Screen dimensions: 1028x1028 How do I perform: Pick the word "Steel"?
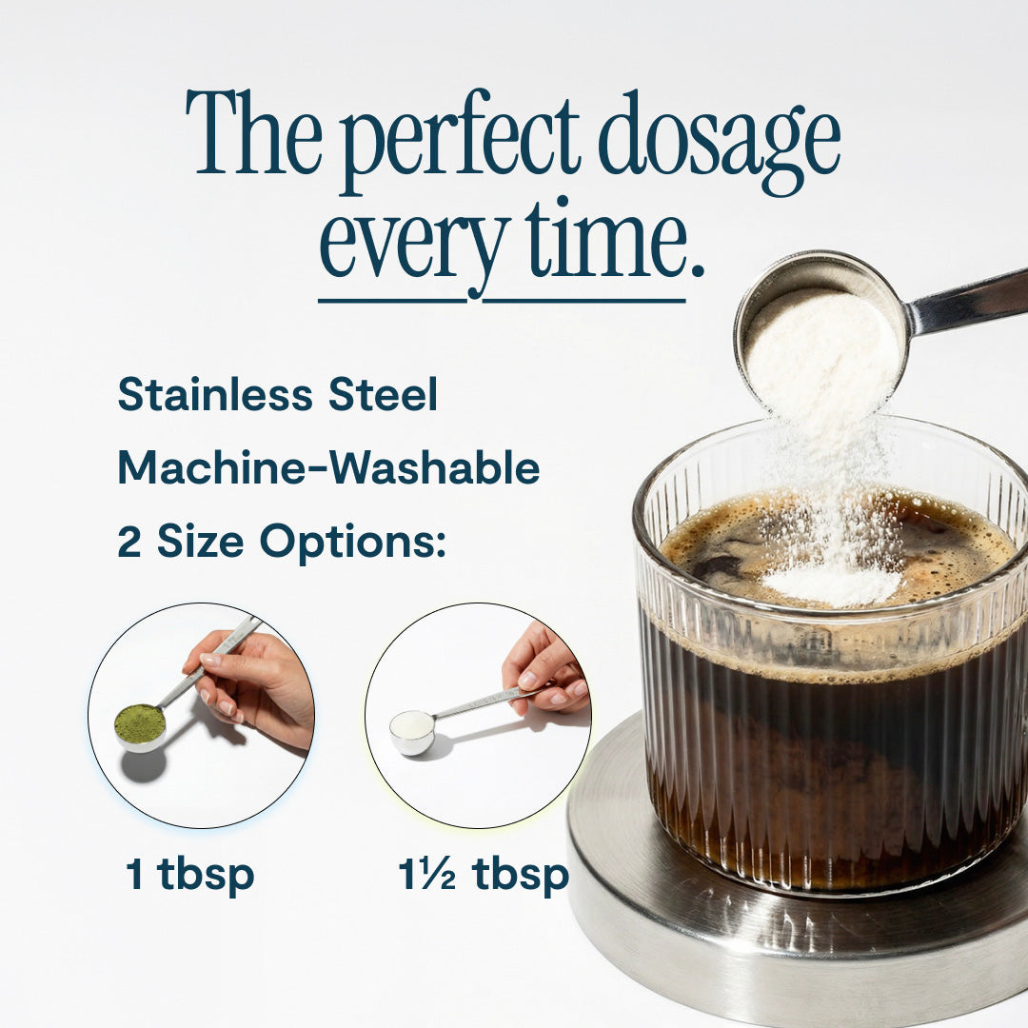coord(383,395)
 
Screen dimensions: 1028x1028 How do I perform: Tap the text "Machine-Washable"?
coord(328,468)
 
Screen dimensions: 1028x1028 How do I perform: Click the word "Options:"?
coord(353,543)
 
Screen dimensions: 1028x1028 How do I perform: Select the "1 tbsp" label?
coord(190,875)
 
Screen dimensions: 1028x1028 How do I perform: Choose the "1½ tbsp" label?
coord(484,875)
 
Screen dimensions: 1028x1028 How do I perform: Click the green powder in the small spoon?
coord(140,721)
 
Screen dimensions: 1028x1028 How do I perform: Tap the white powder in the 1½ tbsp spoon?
coord(412,723)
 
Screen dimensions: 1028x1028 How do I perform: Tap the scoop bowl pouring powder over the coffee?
coord(820,327)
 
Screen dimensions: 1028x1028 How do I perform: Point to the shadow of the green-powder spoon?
coord(144,765)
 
